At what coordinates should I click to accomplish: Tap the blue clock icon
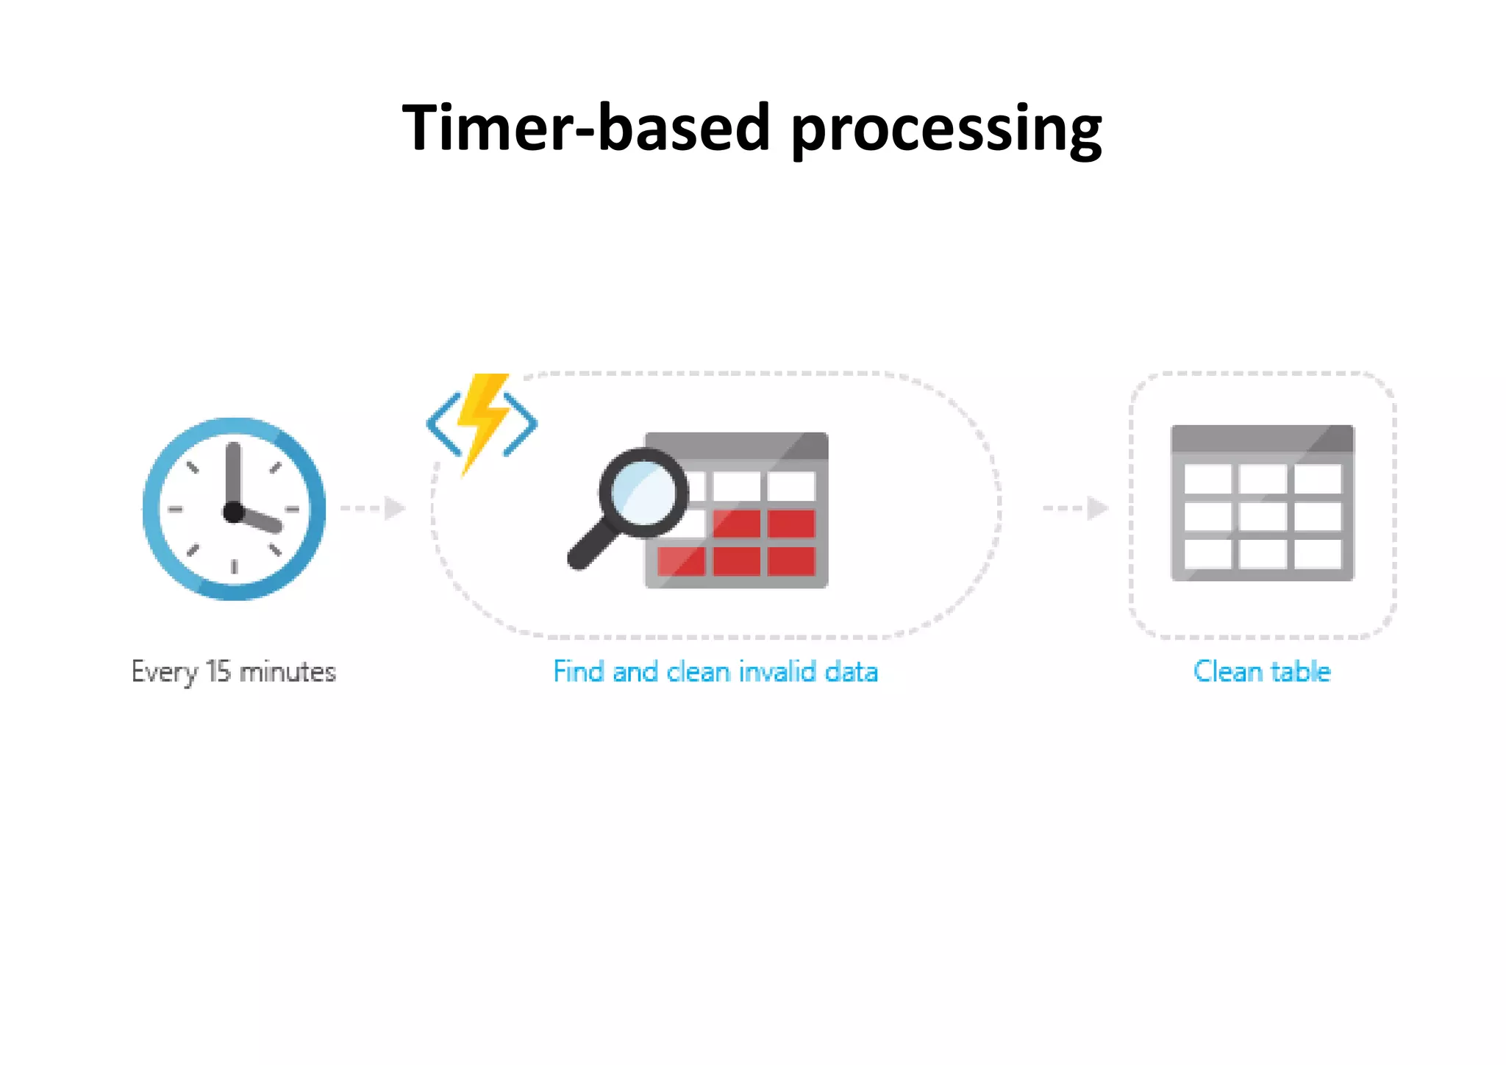point(234,509)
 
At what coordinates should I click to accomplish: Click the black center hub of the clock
point(234,512)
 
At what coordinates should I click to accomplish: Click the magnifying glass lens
point(643,491)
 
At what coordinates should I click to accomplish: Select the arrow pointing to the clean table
point(1077,508)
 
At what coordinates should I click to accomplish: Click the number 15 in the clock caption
point(218,672)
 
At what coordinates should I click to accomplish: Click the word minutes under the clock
point(288,672)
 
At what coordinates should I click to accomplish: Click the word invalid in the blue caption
point(777,672)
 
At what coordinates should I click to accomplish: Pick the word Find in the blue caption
point(579,672)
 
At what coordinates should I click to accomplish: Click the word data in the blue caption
point(852,672)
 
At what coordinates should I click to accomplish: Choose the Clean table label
point(1262,672)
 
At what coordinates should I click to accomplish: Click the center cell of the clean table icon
point(1263,516)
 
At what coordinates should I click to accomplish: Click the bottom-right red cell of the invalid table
point(791,562)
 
